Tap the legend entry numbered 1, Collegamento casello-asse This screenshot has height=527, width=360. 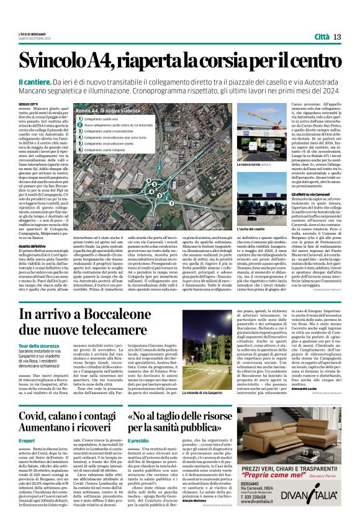point(99,118)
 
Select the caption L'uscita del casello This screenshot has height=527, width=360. point(255,230)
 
